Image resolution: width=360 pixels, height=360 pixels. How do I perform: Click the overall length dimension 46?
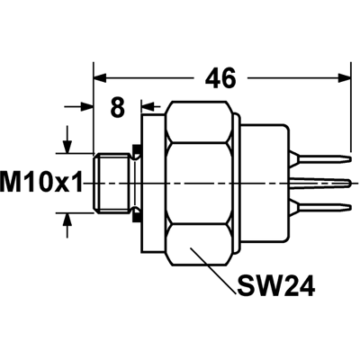(220, 78)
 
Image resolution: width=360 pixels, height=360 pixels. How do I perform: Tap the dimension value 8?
(117, 107)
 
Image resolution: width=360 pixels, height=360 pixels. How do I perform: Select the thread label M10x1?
(41, 183)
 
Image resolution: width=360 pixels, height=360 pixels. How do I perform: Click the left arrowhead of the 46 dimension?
(100, 78)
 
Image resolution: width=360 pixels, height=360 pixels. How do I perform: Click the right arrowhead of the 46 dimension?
(344, 77)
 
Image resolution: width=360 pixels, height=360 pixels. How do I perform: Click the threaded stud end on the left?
(112, 183)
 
